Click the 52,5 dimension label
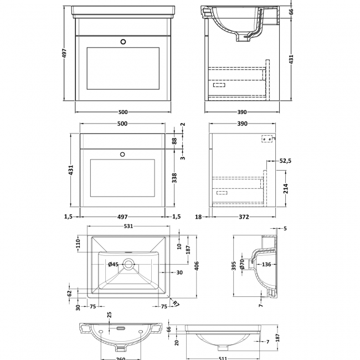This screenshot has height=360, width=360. [x=285, y=161]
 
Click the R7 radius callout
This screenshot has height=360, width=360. [x=176, y=303]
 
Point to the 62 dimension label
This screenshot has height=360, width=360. [x=70, y=294]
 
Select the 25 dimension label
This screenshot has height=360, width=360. [x=110, y=315]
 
